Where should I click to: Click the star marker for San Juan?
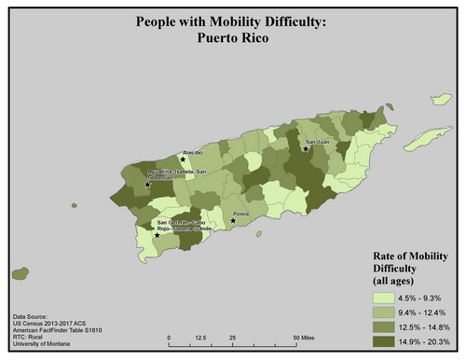point(305,148)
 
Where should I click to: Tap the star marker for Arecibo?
point(183,159)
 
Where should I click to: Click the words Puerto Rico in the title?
point(232,39)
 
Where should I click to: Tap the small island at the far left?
point(18,274)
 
